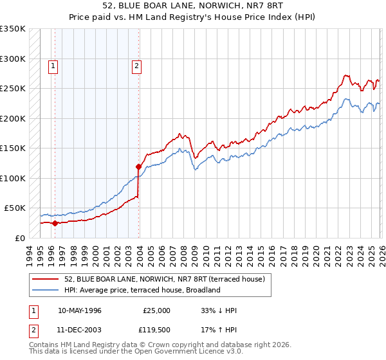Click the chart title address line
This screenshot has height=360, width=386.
193,6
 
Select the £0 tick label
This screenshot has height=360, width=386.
19,238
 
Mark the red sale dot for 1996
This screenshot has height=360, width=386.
55,223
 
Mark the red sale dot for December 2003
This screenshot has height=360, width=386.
138,167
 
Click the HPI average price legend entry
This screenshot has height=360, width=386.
142,290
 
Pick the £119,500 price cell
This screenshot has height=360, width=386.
156,330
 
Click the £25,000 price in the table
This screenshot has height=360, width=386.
156,310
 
